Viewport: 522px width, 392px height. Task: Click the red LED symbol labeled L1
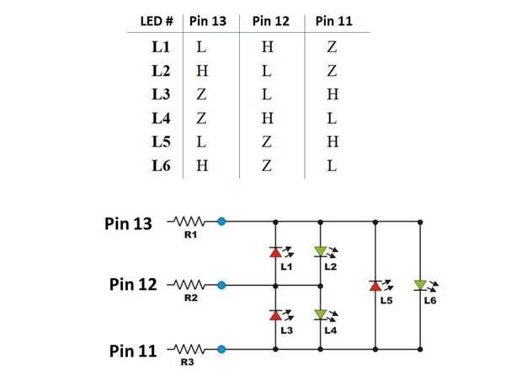tap(275, 252)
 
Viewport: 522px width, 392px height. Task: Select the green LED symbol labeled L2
tap(320, 252)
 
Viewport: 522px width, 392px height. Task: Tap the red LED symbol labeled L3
tap(275, 315)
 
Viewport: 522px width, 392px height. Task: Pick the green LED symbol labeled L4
tap(320, 315)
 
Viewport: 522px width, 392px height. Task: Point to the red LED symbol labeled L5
tap(376, 286)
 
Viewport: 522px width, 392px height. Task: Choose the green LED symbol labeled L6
tap(420, 286)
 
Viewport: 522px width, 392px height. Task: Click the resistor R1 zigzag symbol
tap(189, 221)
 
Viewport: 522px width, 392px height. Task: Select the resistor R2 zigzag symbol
tap(189, 285)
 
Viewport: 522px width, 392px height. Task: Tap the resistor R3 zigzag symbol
tap(189, 349)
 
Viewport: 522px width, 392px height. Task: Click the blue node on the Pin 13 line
tap(221, 221)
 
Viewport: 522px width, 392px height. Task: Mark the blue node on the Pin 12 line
tap(221, 285)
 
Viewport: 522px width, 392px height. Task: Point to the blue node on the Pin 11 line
tap(221, 349)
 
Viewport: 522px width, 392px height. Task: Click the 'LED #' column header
tap(157, 21)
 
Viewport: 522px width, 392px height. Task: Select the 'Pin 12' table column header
tap(271, 21)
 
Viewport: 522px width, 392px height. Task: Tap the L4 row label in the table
tap(161, 118)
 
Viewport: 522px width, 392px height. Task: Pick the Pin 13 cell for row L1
tap(201, 47)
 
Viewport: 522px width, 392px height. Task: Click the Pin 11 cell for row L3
tap(333, 94)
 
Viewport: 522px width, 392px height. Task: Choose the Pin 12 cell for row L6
tap(267, 166)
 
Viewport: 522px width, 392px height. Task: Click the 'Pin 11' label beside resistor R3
tap(133, 351)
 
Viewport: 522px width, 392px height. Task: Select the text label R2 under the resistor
tap(191, 298)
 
